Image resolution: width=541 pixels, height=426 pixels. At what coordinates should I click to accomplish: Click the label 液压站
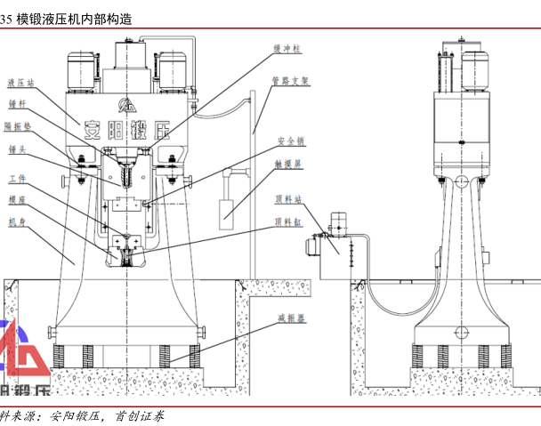(x=20, y=82)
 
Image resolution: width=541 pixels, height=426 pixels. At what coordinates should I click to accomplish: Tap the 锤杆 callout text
(x=17, y=104)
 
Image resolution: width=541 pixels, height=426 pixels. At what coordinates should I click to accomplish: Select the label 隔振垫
(x=20, y=126)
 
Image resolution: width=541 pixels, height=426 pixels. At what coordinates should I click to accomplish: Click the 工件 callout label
(x=17, y=176)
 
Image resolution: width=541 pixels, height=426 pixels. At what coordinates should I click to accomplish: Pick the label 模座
(x=17, y=199)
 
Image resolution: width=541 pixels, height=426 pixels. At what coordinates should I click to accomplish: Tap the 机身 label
(x=17, y=221)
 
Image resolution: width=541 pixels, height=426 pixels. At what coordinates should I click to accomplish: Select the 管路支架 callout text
(x=290, y=80)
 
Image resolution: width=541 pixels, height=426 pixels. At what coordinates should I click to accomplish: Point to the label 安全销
(x=290, y=141)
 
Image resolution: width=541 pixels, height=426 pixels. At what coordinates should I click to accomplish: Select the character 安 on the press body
(x=91, y=130)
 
